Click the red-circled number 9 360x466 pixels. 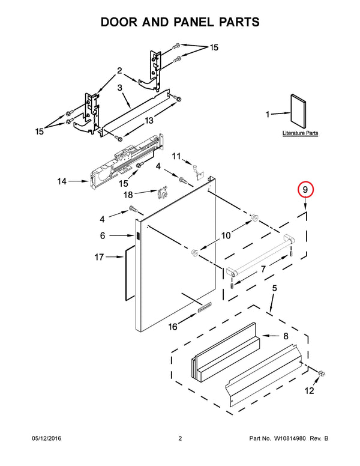305,190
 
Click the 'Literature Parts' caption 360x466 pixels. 300,133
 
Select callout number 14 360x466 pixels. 62,180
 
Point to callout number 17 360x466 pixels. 100,258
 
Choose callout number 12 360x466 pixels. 309,391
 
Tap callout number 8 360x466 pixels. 285,337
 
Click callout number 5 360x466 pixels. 274,289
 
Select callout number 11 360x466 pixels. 176,156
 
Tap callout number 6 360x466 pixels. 103,236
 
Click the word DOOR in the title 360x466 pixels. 124,22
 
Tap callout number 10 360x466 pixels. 226,235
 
